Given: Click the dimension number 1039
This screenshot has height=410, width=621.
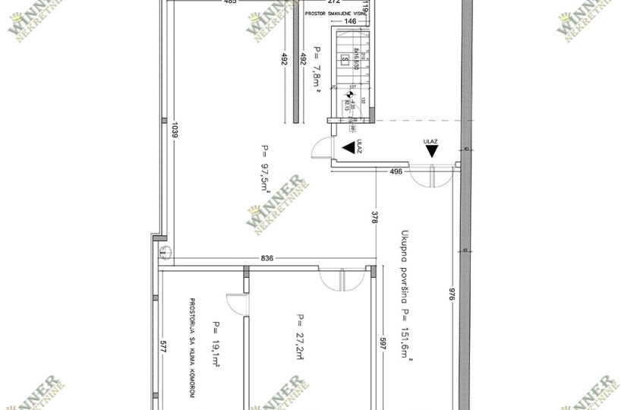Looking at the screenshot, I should pos(175,134).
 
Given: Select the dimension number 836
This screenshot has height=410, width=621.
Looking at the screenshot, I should pos(266,258).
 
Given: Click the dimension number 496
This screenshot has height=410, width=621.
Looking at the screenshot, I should pos(395,172).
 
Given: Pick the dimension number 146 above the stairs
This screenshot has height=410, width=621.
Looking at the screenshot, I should pos(350,22).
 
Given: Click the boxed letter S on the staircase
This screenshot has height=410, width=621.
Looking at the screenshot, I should pos(345,58).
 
